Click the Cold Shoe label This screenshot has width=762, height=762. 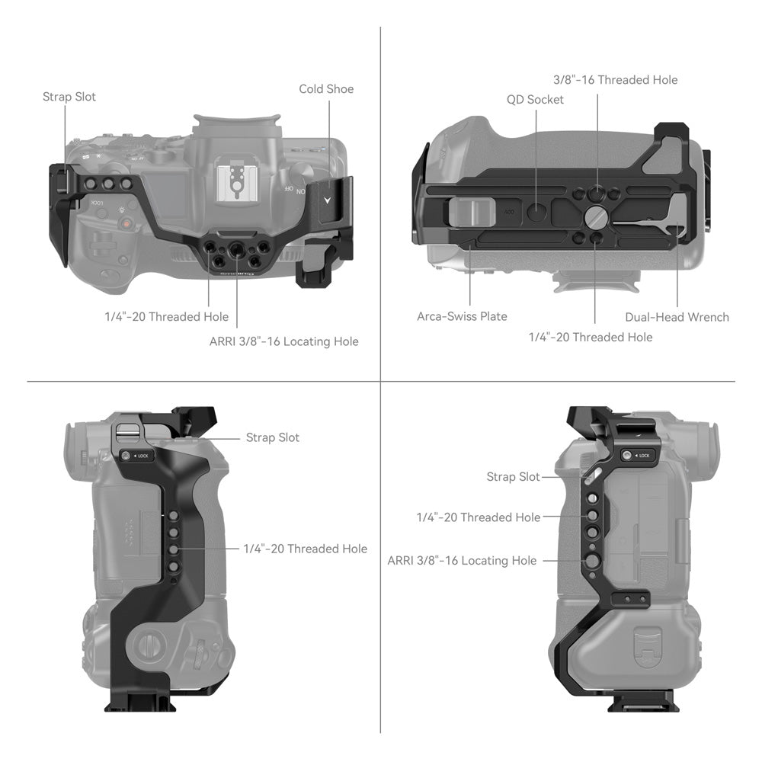coord(326,89)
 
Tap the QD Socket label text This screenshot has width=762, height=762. coord(535,100)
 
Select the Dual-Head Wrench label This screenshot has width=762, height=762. coord(677,317)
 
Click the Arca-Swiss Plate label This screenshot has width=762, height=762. coord(462,316)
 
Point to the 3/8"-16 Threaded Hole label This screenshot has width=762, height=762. coord(615,80)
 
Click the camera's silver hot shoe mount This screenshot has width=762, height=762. coord(236,182)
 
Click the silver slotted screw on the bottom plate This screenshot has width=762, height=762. coord(595,216)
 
